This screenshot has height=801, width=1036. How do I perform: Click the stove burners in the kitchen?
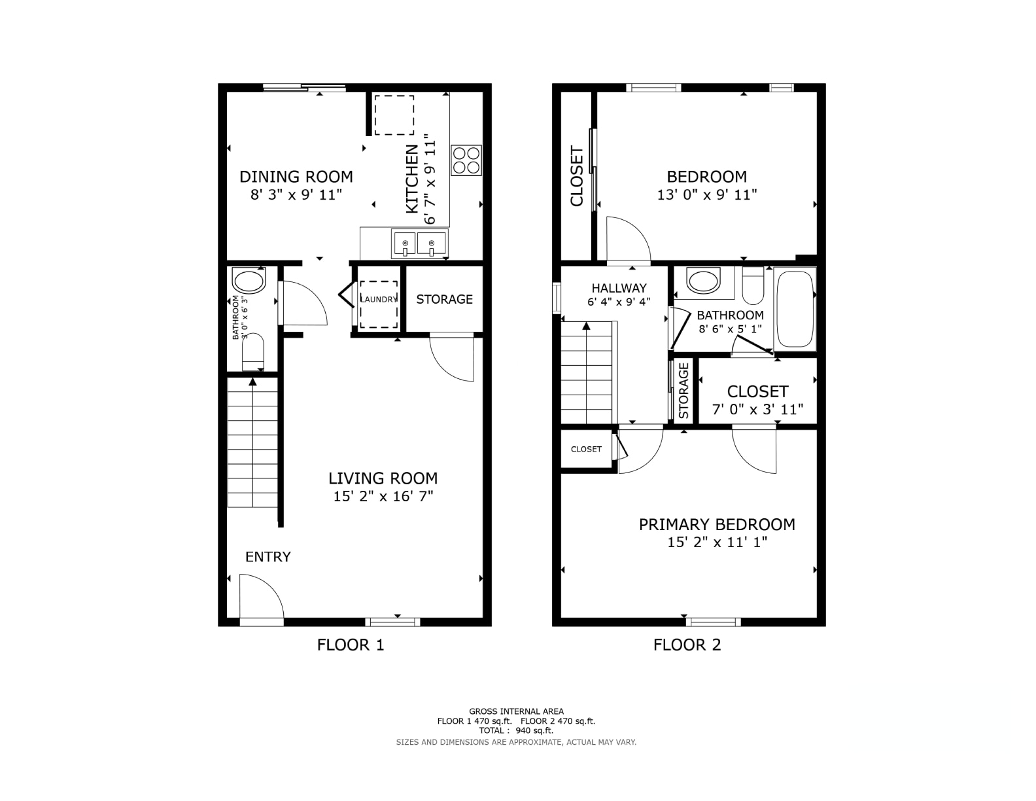pyautogui.click(x=466, y=160)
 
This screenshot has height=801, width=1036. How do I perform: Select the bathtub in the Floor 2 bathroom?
pyautogui.click(x=795, y=310)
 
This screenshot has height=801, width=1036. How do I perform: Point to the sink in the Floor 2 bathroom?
pyautogui.click(x=703, y=281)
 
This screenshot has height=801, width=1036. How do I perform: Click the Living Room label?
pyautogui.click(x=383, y=478)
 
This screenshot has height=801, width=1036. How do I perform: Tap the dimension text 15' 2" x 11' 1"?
pyautogui.click(x=717, y=543)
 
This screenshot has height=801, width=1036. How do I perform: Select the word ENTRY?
pyautogui.click(x=268, y=557)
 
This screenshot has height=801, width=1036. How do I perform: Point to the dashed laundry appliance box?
pyautogui.click(x=378, y=305)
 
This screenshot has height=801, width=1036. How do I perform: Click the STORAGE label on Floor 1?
pyautogui.click(x=444, y=299)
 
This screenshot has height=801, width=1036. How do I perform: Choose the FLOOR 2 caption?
pyautogui.click(x=687, y=645)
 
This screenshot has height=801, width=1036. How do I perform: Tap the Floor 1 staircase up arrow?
pyautogui.click(x=252, y=382)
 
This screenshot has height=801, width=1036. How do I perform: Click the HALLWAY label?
pyautogui.click(x=619, y=288)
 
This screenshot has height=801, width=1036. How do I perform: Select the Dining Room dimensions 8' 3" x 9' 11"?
pyautogui.click(x=296, y=195)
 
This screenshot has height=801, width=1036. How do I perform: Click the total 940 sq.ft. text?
pyautogui.click(x=516, y=730)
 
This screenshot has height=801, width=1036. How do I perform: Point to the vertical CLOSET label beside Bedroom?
pyautogui.click(x=576, y=177)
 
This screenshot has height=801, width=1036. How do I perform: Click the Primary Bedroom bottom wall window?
pyautogui.click(x=714, y=622)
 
